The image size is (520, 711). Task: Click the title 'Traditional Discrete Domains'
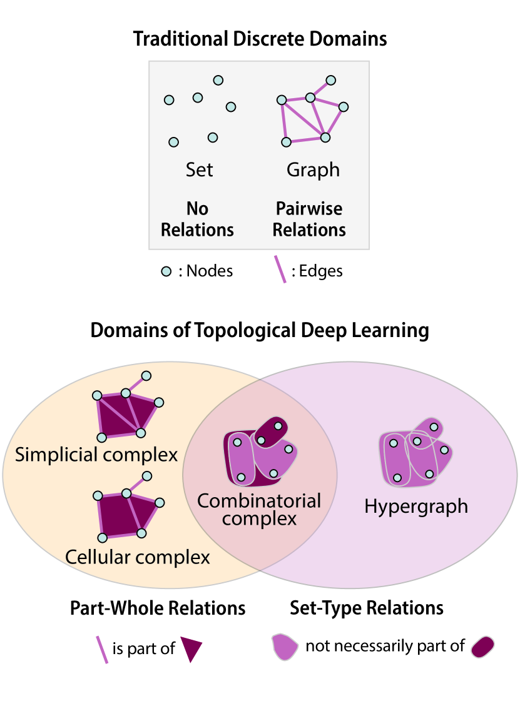(260, 39)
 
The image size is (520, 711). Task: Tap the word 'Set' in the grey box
(199, 169)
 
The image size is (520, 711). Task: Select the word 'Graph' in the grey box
(313, 169)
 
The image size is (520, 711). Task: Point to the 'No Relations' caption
(197, 219)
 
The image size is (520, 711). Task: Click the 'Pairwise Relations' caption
(309, 219)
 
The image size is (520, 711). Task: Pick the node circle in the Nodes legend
(166, 271)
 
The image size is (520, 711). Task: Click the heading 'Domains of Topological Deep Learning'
(260, 330)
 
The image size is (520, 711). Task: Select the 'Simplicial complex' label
(96, 455)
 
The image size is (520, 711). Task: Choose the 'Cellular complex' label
(137, 556)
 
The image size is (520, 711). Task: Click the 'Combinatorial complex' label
(259, 509)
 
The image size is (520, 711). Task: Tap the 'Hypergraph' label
(416, 506)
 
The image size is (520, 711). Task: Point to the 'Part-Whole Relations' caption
(157, 607)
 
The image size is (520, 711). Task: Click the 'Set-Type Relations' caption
(367, 607)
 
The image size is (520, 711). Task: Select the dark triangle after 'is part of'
(191, 648)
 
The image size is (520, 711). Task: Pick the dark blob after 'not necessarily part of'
(483, 646)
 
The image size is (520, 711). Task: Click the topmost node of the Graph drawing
(331, 80)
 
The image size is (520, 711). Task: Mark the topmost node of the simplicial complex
(146, 376)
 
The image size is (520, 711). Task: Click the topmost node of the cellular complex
(147, 476)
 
